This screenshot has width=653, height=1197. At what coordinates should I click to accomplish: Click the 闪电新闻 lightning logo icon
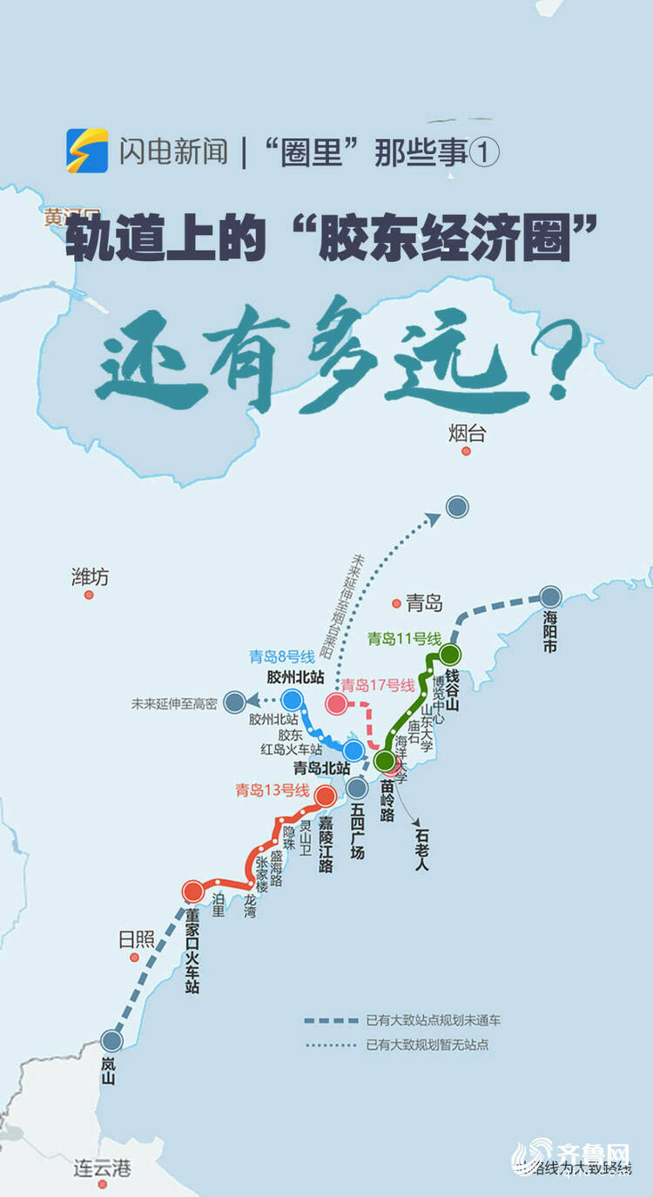(87, 151)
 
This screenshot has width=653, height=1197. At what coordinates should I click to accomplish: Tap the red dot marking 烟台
(466, 452)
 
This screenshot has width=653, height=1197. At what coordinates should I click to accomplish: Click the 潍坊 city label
(91, 576)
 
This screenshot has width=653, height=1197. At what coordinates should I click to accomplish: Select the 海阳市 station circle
(550, 597)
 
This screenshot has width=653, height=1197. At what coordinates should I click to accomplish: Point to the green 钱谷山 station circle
(449, 654)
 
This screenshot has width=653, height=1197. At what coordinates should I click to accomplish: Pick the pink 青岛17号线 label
(378, 685)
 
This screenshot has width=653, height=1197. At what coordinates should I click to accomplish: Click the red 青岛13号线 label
(273, 790)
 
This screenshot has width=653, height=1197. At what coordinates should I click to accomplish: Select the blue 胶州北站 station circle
(292, 699)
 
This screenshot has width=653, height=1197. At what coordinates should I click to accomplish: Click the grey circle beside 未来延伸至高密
(234, 702)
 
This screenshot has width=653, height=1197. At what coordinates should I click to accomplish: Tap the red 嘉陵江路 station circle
(326, 796)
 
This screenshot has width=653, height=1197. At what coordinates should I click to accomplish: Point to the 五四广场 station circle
(357, 789)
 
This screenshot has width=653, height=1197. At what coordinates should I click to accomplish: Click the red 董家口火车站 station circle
(193, 891)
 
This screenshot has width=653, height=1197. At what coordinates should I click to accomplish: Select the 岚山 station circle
(111, 1040)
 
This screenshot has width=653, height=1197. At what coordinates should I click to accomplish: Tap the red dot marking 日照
(134, 957)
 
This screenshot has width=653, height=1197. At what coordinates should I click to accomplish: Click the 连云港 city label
(102, 1167)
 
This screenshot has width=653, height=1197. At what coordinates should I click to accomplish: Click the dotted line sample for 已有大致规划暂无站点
(331, 1045)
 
